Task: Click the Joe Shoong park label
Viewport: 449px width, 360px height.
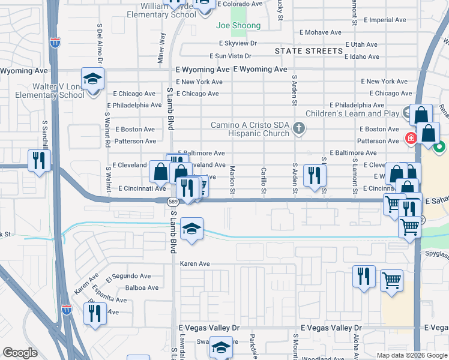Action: pyautogui.click(x=238, y=26)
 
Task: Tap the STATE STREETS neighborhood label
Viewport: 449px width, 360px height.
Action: pyautogui.click(x=309, y=52)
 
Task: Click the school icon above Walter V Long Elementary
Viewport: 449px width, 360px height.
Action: pyautogui.click(x=93, y=79)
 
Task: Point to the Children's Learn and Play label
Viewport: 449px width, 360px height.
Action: pyautogui.click(x=352, y=113)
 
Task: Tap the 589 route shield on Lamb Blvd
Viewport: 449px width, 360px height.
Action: pyautogui.click(x=172, y=202)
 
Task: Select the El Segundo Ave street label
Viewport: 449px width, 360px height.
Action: pyautogui.click(x=128, y=277)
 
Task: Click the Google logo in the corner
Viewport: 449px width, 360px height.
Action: pyautogui.click(x=20, y=353)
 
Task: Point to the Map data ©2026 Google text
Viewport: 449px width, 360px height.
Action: pyautogui.click(x=411, y=355)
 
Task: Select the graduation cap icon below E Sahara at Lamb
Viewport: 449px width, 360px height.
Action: pyautogui.click(x=191, y=229)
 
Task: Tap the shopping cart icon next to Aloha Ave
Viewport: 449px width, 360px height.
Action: pyautogui.click(x=391, y=279)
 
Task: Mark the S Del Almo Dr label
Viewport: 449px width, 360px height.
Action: pyautogui.click(x=100, y=44)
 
